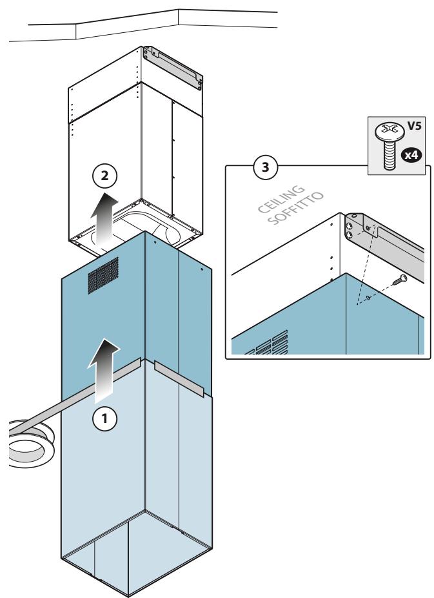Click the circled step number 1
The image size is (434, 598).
pyautogui.click(x=104, y=418)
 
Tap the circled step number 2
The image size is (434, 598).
pyautogui.click(x=104, y=176)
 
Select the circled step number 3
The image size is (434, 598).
pyautogui.click(x=265, y=167)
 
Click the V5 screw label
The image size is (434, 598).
pyautogui.click(x=414, y=126)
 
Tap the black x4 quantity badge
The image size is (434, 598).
pyautogui.click(x=411, y=155)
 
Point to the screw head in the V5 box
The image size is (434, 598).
pyautogui.click(x=389, y=132)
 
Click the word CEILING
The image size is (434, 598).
pyautogui.click(x=281, y=199)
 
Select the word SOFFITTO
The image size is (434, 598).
pyautogui.click(x=295, y=208)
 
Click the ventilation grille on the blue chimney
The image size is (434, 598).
pyautogui.click(x=103, y=275)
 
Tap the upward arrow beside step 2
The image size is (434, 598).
pyautogui.click(x=104, y=218)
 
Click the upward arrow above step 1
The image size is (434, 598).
pyautogui.click(x=104, y=370)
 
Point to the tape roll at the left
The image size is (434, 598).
pyautogui.click(x=30, y=443)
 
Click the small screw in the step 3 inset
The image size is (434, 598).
pyautogui.click(x=400, y=280)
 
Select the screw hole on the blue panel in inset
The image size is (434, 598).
pyautogui.click(x=368, y=297)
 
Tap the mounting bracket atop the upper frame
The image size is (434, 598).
pyautogui.click(x=172, y=68)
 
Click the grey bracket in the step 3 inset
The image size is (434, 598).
pyautogui.click(x=384, y=244)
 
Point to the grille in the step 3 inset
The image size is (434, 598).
pyautogui.click(x=266, y=344)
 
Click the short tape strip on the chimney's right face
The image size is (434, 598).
pyautogui.click(x=179, y=378)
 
